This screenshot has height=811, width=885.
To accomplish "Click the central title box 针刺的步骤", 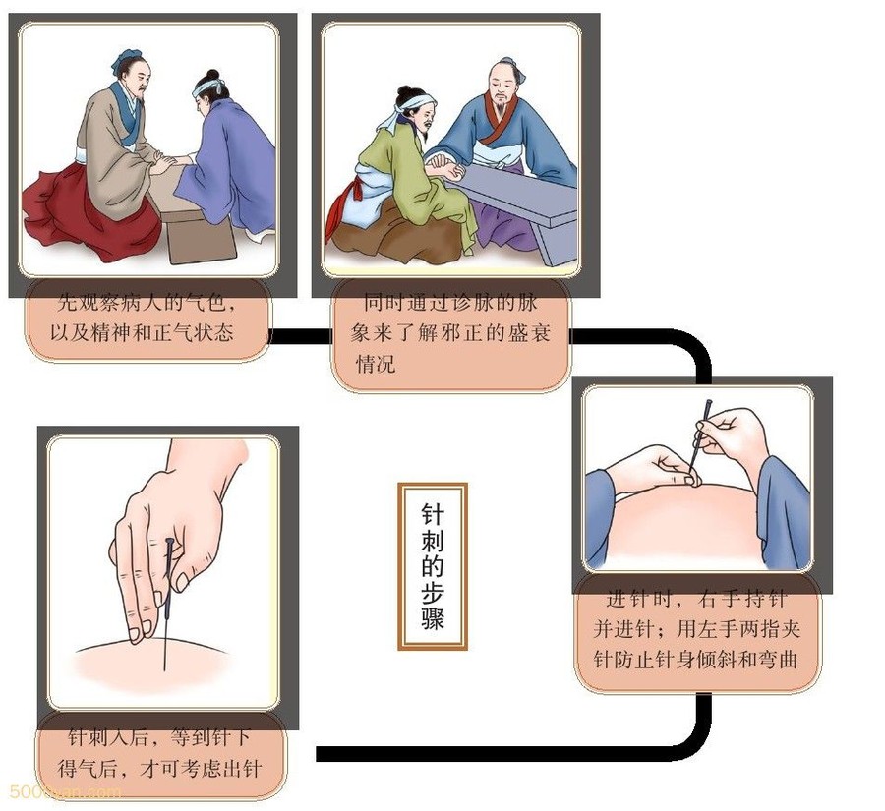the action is pos(433,566).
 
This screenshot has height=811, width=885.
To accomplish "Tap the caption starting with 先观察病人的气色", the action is pos(146,319).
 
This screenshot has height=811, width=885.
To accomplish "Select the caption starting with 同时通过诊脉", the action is pos(449,333).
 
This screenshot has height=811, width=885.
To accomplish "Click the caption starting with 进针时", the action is pos(696,629).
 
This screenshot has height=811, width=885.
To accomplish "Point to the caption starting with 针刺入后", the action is pos(159,753).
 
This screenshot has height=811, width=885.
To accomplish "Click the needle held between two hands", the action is pos(699,439).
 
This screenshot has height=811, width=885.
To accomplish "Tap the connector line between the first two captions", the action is pos(299,336).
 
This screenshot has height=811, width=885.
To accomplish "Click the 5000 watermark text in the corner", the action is pos(63,791).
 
